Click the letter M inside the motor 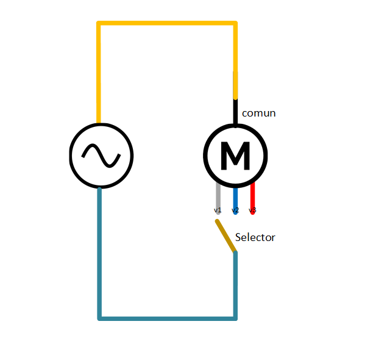(235, 156)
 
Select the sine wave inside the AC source (101, 156)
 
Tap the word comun (259, 113)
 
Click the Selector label (255, 237)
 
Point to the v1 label (218, 210)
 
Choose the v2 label (235, 210)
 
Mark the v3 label (252, 210)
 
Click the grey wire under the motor (218, 198)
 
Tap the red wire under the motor (252, 198)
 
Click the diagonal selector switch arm (226, 236)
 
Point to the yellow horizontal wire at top (167, 23)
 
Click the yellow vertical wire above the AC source (99, 73)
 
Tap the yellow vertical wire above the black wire (235, 60)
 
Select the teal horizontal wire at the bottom (167, 319)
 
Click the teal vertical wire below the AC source (99, 254)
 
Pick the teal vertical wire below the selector (235, 286)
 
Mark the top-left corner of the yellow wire (98, 23)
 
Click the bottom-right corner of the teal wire (236, 319)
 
